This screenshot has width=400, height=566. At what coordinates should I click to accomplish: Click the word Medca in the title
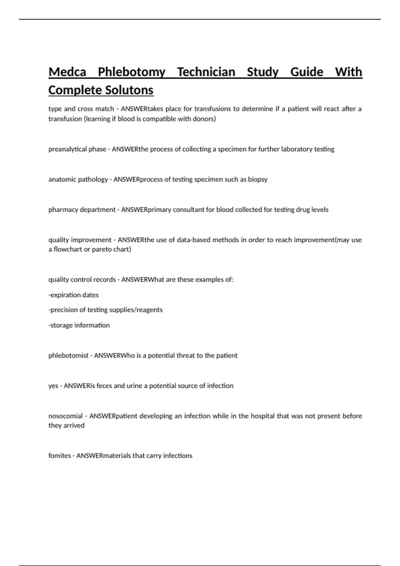point(67,72)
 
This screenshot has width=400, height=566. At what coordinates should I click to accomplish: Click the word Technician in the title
point(206,72)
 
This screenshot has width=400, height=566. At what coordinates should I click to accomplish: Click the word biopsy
point(258,179)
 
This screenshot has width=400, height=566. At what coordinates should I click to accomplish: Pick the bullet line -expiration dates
point(73,295)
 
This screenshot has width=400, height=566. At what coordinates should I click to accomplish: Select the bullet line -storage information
point(79,325)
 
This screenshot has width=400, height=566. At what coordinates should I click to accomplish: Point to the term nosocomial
point(65,416)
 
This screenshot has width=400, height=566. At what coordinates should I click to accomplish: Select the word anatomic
point(61,179)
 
